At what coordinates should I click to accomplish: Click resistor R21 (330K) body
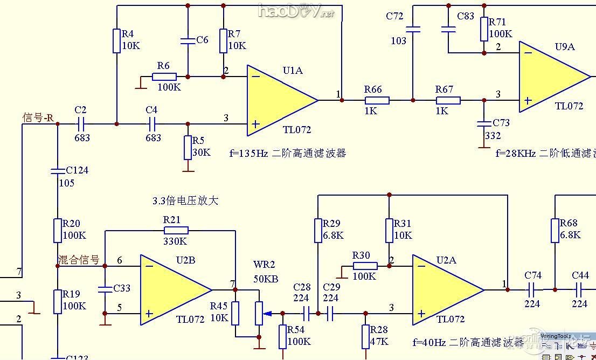(x=176, y=231)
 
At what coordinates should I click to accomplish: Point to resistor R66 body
(x=377, y=100)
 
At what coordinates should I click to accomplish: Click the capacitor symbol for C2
(x=81, y=124)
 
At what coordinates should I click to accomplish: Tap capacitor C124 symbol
(x=57, y=171)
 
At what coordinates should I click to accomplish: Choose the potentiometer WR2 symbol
(x=259, y=313)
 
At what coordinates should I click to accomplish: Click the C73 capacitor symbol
(x=483, y=123)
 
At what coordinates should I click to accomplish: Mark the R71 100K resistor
(x=484, y=29)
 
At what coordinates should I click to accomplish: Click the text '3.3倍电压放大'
(x=185, y=201)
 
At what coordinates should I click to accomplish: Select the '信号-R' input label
(x=38, y=117)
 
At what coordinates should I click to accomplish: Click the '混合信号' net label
(x=79, y=260)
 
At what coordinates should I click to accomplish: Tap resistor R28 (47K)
(x=366, y=337)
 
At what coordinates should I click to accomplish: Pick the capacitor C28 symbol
(x=306, y=313)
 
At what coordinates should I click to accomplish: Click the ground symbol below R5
(x=188, y=169)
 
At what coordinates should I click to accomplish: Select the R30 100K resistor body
(x=365, y=266)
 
